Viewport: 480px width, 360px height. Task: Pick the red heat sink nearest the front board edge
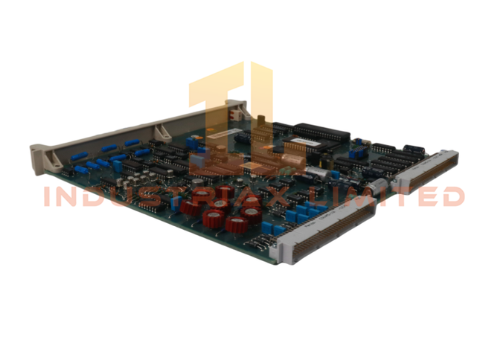240,228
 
